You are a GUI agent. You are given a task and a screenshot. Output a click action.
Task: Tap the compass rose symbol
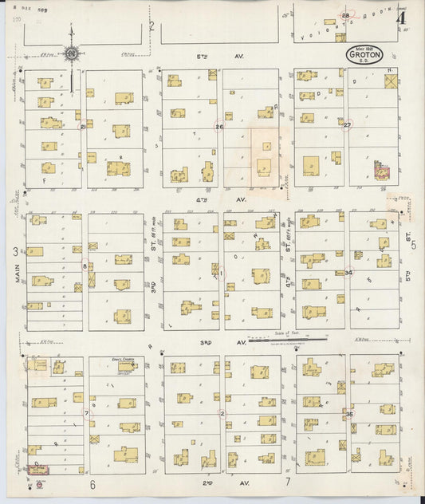tap(72, 53)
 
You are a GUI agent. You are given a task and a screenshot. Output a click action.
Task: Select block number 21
tap(83, 127)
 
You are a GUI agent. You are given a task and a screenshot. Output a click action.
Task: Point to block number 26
tap(219, 127)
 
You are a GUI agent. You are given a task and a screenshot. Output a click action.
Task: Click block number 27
tap(347, 125)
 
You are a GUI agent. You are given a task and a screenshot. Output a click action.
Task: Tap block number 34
tap(349, 273)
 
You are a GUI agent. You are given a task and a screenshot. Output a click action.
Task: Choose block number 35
tap(348, 414)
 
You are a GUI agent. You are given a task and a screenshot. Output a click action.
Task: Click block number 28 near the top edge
tap(346, 15)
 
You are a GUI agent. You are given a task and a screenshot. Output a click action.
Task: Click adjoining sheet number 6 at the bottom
tap(92, 483)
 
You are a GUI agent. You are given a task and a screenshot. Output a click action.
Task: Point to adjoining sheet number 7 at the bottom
tap(287, 483)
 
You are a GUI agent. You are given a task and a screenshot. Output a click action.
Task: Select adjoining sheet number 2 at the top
tap(152, 26)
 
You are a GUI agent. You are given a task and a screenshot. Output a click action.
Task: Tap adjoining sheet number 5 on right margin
tap(413, 246)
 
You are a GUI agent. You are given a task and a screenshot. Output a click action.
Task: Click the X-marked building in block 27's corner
tap(391, 81)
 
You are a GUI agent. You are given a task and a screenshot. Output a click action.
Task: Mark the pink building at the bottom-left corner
tap(37, 467)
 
